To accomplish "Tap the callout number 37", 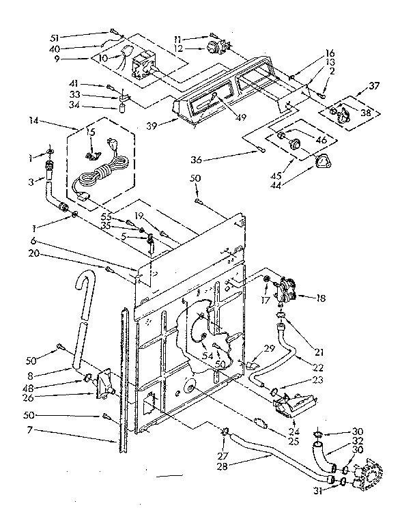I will pyautogui.click(x=373, y=85).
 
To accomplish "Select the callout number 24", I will pyautogui.click(x=294, y=431).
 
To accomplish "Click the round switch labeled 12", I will pyautogui.click(x=216, y=48).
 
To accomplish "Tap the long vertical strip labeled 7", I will pyautogui.click(x=123, y=382).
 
